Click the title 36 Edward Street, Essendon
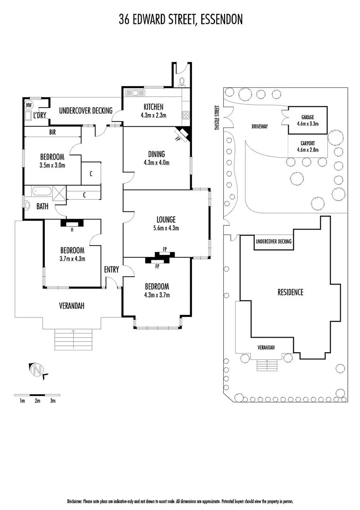tap(180, 20)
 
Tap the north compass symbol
tap(37, 370)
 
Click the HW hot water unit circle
tap(29, 105)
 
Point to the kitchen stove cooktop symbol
tap(185, 115)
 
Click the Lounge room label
tap(166, 219)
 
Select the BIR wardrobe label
tap(52, 132)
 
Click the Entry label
tap(111, 269)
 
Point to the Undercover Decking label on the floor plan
tap(85, 111)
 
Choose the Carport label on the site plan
tap(307, 143)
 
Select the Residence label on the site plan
tap(290, 292)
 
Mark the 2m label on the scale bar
tap(37, 401)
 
